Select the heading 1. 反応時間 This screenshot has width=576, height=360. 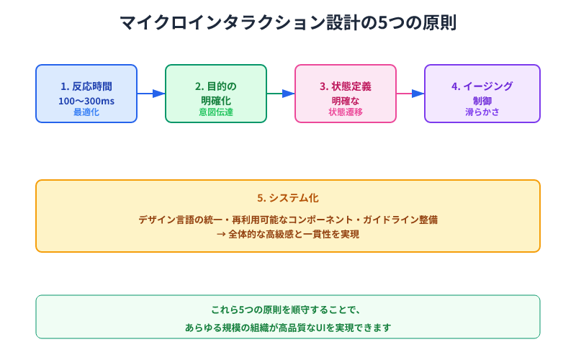pos(86,86)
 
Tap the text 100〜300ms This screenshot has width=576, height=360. pos(86,101)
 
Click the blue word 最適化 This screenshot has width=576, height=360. pos(86,112)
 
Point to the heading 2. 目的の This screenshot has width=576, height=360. pos(216,86)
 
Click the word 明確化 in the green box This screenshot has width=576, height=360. pos(216,101)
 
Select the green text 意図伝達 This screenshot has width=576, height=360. pos(216,112)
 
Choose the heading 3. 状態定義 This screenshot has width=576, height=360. pos(346,86)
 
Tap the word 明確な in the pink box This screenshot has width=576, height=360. pos(346,101)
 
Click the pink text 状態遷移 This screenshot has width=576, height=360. pos(346,112)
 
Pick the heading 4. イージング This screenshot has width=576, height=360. pos(482,86)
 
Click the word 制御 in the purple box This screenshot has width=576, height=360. pos(482,101)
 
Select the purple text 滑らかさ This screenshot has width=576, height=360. pos(482,112)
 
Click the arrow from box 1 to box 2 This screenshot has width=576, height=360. pos(151,94)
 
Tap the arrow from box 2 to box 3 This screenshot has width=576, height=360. pos(281,94)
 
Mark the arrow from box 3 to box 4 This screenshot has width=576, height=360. pos(410,94)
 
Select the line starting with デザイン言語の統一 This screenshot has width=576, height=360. pos(288,220)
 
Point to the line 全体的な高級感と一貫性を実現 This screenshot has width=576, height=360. pos(288,234)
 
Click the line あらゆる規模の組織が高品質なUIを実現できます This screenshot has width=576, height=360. pos(288,327)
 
